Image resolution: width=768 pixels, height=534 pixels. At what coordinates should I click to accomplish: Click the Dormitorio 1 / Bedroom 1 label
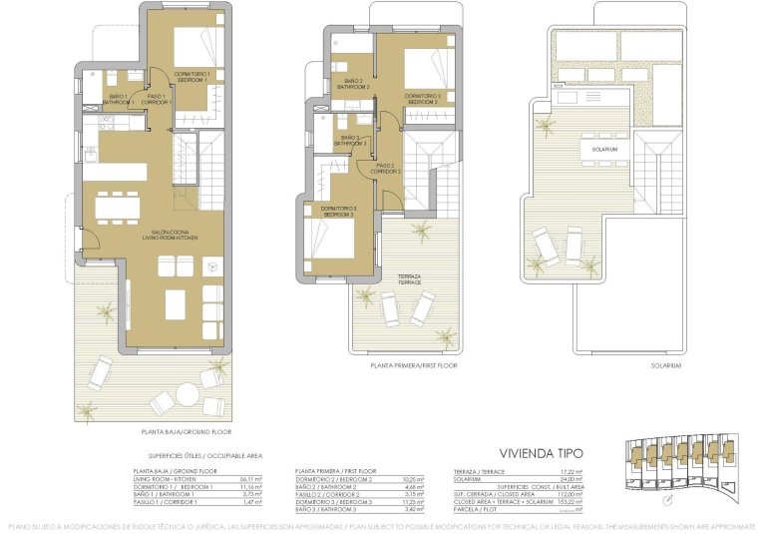[x=200, y=76]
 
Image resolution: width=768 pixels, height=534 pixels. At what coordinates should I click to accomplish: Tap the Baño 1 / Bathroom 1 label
[x=119, y=99]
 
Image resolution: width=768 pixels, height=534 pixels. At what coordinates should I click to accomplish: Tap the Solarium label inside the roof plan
[x=604, y=149]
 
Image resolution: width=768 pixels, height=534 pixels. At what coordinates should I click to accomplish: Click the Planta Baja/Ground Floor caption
[x=187, y=432]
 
